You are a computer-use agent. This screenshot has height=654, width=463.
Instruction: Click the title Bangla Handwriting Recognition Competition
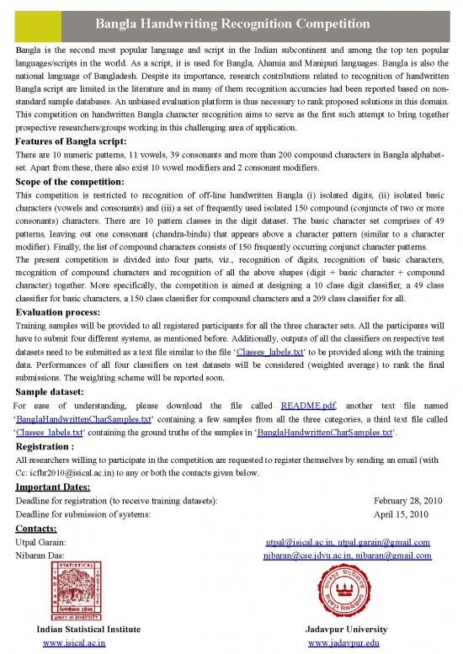click(231, 12)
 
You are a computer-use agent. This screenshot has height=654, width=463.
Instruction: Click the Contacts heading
click(39, 529)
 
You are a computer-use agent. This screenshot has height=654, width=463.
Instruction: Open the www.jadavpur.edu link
click(345, 643)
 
